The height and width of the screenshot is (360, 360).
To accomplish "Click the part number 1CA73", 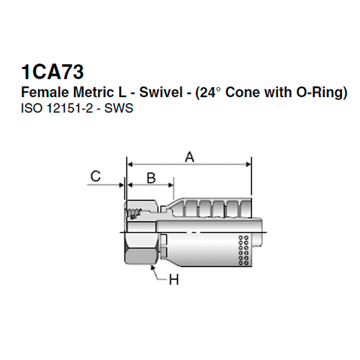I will click(53, 72).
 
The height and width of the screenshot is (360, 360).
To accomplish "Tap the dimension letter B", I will click(151, 177).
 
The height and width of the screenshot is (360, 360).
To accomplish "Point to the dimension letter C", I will click(94, 175).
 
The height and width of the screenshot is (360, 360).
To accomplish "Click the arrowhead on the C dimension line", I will click(122, 186).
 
